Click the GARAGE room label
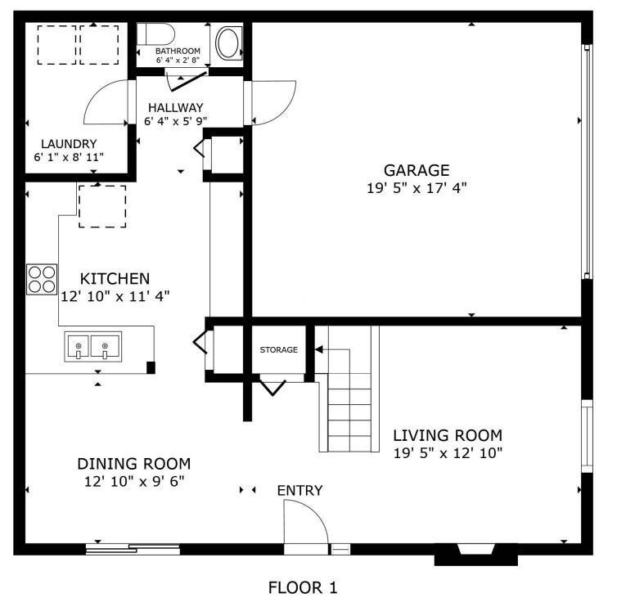(x=417, y=170)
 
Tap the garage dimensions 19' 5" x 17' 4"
(x=417, y=187)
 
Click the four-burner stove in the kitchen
(x=42, y=278)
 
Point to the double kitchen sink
(x=92, y=346)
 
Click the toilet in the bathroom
(x=155, y=35)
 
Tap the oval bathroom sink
(x=227, y=41)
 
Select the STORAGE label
(x=278, y=350)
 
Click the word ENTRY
(x=299, y=491)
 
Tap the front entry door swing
(x=303, y=524)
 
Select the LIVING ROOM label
(x=448, y=435)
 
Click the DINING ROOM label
(x=134, y=463)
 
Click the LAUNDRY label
(x=65, y=142)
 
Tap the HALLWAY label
(x=175, y=107)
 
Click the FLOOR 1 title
(x=303, y=587)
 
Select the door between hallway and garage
(x=270, y=103)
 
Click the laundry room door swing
(x=106, y=102)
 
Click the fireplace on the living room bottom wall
(x=475, y=554)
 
